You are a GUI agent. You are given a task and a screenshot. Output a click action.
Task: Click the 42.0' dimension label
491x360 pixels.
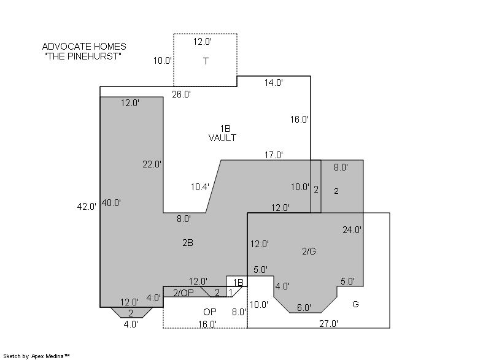(87, 207)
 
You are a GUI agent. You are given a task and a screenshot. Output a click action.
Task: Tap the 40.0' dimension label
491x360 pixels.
(111, 202)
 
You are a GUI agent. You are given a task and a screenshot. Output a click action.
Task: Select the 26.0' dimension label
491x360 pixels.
(181, 94)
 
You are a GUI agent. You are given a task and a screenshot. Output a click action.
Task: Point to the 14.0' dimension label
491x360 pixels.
(274, 83)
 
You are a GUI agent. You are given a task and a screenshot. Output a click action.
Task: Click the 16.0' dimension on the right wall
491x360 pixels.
(300, 119)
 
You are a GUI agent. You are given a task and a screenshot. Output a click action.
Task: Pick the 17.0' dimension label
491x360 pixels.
(274, 155)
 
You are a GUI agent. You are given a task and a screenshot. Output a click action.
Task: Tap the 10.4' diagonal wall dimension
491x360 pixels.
(200, 186)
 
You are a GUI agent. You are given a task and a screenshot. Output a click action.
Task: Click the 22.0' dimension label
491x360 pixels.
(152, 164)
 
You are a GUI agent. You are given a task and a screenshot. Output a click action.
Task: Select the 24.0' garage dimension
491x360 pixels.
(352, 230)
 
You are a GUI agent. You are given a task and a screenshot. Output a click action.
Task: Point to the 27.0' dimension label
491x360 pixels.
(329, 323)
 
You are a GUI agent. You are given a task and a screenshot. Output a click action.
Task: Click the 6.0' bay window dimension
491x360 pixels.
(304, 308)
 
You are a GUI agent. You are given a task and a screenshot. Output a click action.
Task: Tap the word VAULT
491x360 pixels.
(222, 137)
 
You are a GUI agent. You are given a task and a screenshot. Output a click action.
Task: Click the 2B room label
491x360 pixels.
(188, 242)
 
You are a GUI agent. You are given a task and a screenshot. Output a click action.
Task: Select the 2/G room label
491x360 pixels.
(309, 251)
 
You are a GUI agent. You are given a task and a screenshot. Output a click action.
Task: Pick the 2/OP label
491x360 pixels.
(184, 293)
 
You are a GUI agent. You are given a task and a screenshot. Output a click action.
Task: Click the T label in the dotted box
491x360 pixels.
(206, 61)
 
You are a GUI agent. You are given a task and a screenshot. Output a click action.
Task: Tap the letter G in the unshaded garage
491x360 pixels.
(355, 304)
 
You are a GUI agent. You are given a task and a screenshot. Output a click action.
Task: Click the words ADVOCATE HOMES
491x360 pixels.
(84, 47)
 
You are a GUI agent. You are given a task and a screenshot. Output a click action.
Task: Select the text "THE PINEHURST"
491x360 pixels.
(83, 56)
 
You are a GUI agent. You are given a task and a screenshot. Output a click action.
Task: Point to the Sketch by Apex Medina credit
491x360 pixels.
(36, 356)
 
